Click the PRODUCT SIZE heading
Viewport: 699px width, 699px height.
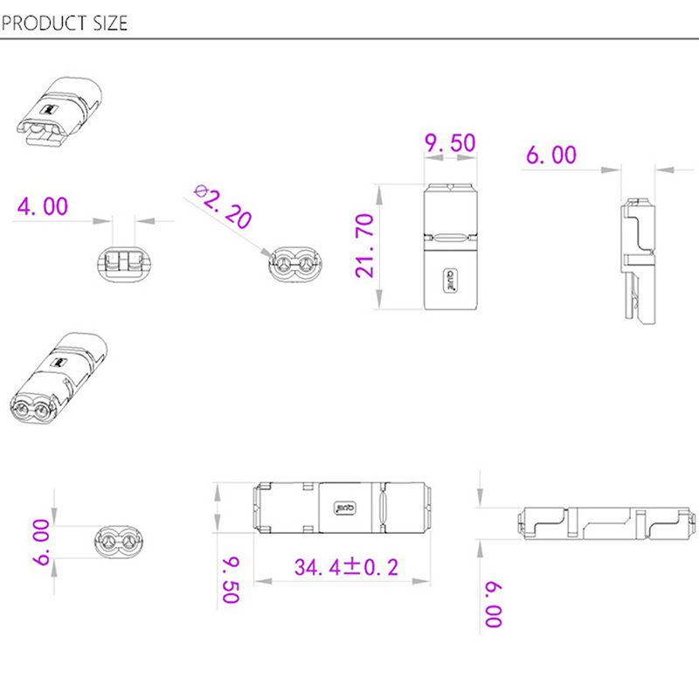click(65, 23)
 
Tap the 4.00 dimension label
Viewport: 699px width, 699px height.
click(43, 206)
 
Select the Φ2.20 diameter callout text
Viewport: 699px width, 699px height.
click(223, 206)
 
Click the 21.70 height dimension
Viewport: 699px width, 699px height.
click(364, 246)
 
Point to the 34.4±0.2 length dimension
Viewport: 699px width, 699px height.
click(346, 567)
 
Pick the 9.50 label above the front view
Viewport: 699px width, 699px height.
click(450, 142)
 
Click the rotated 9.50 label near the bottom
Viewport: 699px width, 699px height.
click(231, 580)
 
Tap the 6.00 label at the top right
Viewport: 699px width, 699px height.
click(551, 155)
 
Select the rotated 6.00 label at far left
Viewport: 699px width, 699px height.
click(41, 542)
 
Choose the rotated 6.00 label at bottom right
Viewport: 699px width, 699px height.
click(494, 605)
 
